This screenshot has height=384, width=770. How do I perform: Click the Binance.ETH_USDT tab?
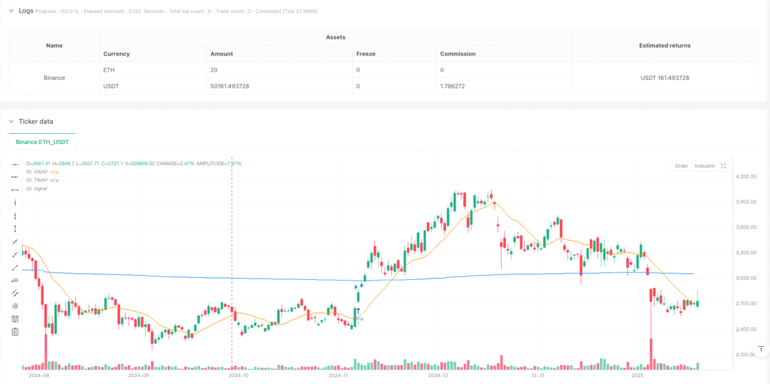point(43,142)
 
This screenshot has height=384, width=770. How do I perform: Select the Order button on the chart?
point(681,166)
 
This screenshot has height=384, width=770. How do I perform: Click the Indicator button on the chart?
point(705,166)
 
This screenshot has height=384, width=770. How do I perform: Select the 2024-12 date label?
point(438,375)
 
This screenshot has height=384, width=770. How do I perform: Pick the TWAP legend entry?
point(41,180)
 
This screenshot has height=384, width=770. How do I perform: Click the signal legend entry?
point(40,188)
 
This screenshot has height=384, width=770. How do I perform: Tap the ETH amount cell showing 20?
point(214,70)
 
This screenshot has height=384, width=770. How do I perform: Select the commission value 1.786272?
point(458,86)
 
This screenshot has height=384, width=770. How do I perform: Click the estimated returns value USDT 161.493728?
point(664,78)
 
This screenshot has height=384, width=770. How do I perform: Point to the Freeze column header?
point(365,54)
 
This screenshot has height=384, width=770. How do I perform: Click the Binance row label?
point(54,78)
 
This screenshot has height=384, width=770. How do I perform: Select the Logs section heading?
point(25,11)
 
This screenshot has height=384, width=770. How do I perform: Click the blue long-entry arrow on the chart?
point(358,311)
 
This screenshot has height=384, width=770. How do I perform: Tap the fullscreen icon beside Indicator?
point(723,166)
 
